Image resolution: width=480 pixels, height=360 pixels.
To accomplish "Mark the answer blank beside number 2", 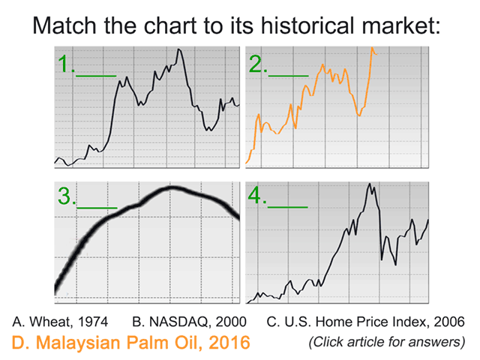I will pos(289,75).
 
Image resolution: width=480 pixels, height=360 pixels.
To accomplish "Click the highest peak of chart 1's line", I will pos(179,49).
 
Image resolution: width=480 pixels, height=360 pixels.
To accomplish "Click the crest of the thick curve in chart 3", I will pos(172,187).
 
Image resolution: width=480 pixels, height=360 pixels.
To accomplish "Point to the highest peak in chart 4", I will pos(369,184).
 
